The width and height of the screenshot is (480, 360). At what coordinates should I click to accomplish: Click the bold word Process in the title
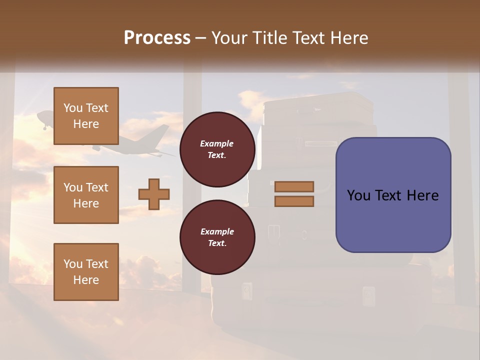pyautogui.click(x=157, y=38)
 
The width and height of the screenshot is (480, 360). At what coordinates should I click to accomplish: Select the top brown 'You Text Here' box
pyautogui.click(x=86, y=116)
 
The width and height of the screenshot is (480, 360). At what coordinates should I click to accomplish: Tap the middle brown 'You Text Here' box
pyautogui.click(x=86, y=195)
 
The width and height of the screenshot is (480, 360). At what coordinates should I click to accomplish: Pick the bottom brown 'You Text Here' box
pyautogui.click(x=86, y=272)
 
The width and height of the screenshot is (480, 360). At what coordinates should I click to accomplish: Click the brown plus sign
pyautogui.click(x=154, y=194)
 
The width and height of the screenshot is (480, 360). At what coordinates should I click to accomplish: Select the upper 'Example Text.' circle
pyautogui.click(x=217, y=149)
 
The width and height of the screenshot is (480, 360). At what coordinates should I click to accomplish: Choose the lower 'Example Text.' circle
pyautogui.click(x=217, y=237)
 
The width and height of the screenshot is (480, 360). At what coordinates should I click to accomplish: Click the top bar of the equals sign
pyautogui.click(x=294, y=187)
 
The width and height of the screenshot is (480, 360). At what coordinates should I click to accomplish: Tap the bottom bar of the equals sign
pyautogui.click(x=294, y=201)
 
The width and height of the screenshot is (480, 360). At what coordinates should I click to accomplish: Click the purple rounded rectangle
pyautogui.click(x=393, y=195)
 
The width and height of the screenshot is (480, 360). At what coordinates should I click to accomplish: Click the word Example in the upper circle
pyautogui.click(x=217, y=143)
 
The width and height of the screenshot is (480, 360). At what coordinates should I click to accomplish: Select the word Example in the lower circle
pyautogui.click(x=217, y=231)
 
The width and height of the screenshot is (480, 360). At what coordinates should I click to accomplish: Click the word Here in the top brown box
pyautogui.click(x=86, y=124)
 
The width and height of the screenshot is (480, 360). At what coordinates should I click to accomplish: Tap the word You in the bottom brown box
pyautogui.click(x=73, y=264)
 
